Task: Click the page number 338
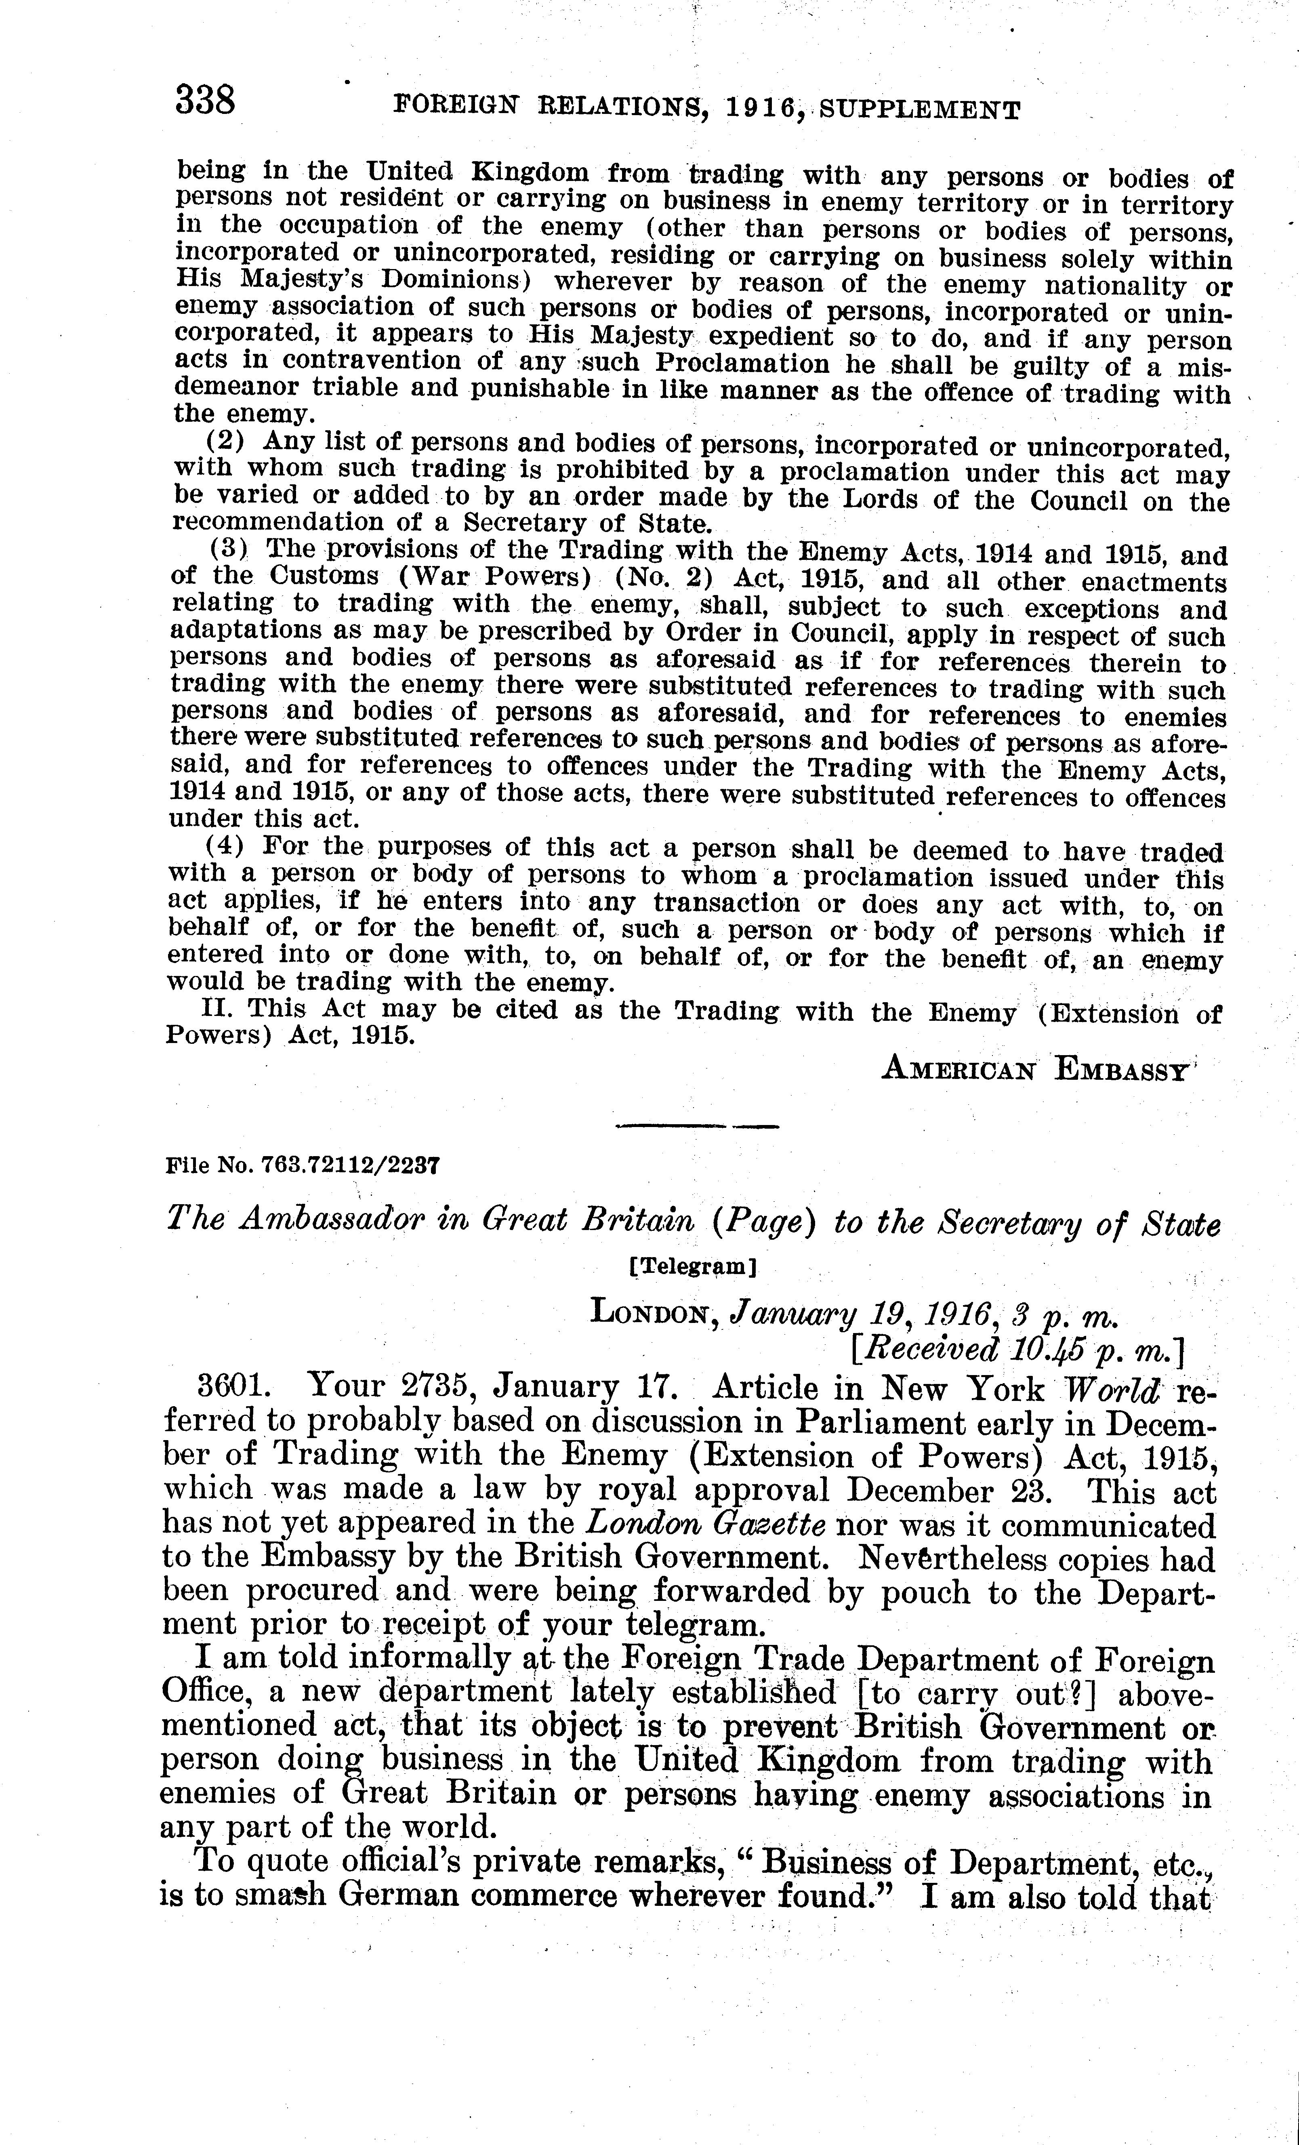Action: (x=206, y=100)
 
